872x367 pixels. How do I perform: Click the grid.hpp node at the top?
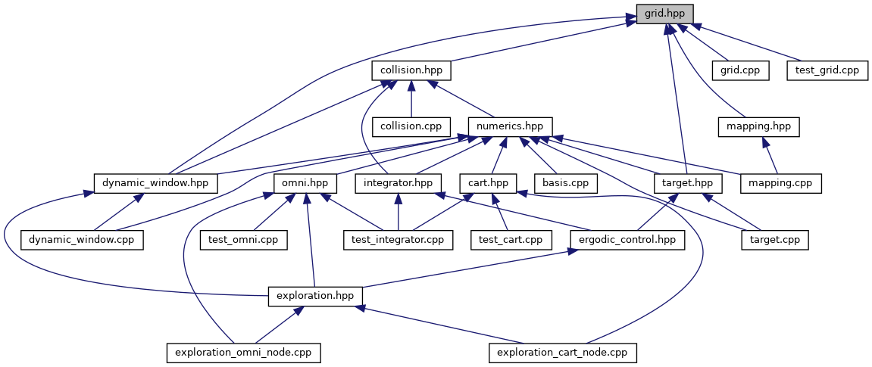[664, 14]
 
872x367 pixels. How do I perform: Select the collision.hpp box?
[411, 70]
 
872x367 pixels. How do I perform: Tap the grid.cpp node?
[740, 70]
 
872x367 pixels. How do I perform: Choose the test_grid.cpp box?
[827, 70]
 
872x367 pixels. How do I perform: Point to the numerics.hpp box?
[510, 126]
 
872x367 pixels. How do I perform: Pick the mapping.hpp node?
[758, 126]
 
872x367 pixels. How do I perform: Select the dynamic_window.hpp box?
[156, 182]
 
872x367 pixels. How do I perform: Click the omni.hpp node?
[305, 182]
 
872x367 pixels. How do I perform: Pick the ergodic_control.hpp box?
[627, 239]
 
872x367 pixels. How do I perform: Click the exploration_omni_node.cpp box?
[243, 353]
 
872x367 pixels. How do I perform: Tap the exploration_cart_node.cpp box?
[563, 353]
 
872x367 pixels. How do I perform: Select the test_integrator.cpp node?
[398, 239]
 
